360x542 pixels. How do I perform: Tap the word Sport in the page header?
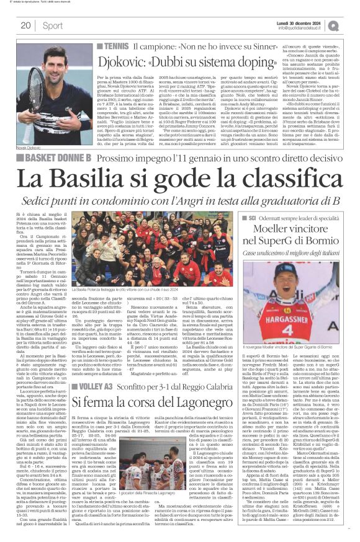click(x=53, y=25)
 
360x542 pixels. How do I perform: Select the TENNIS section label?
click(x=116, y=47)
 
